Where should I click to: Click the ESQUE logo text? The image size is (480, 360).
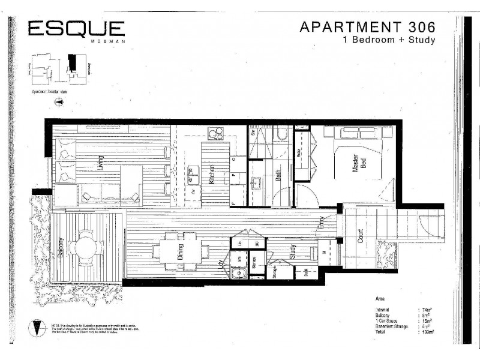click(77, 28)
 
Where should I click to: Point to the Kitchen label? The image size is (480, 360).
click(212, 174)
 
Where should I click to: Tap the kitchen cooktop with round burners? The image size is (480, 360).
click(215, 134)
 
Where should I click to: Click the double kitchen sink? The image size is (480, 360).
click(193, 175)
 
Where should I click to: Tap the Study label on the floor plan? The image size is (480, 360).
click(293, 252)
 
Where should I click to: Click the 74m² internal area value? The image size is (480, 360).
click(427, 310)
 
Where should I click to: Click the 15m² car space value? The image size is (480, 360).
click(427, 320)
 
